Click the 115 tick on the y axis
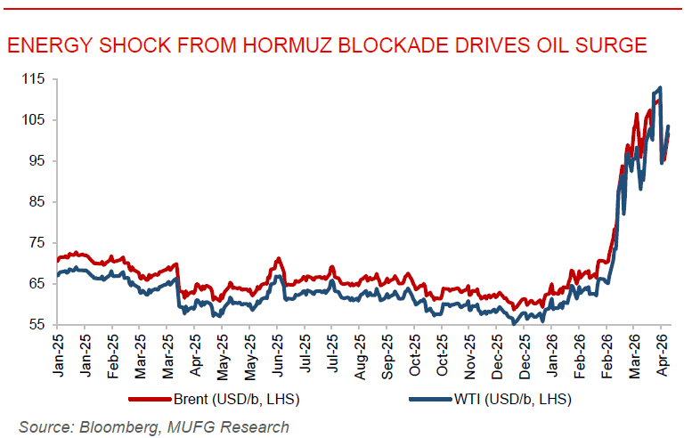click(x=33, y=79)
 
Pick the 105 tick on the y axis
click(x=33, y=120)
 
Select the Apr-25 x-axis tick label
click(x=195, y=350)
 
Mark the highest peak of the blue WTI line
click(x=659, y=87)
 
